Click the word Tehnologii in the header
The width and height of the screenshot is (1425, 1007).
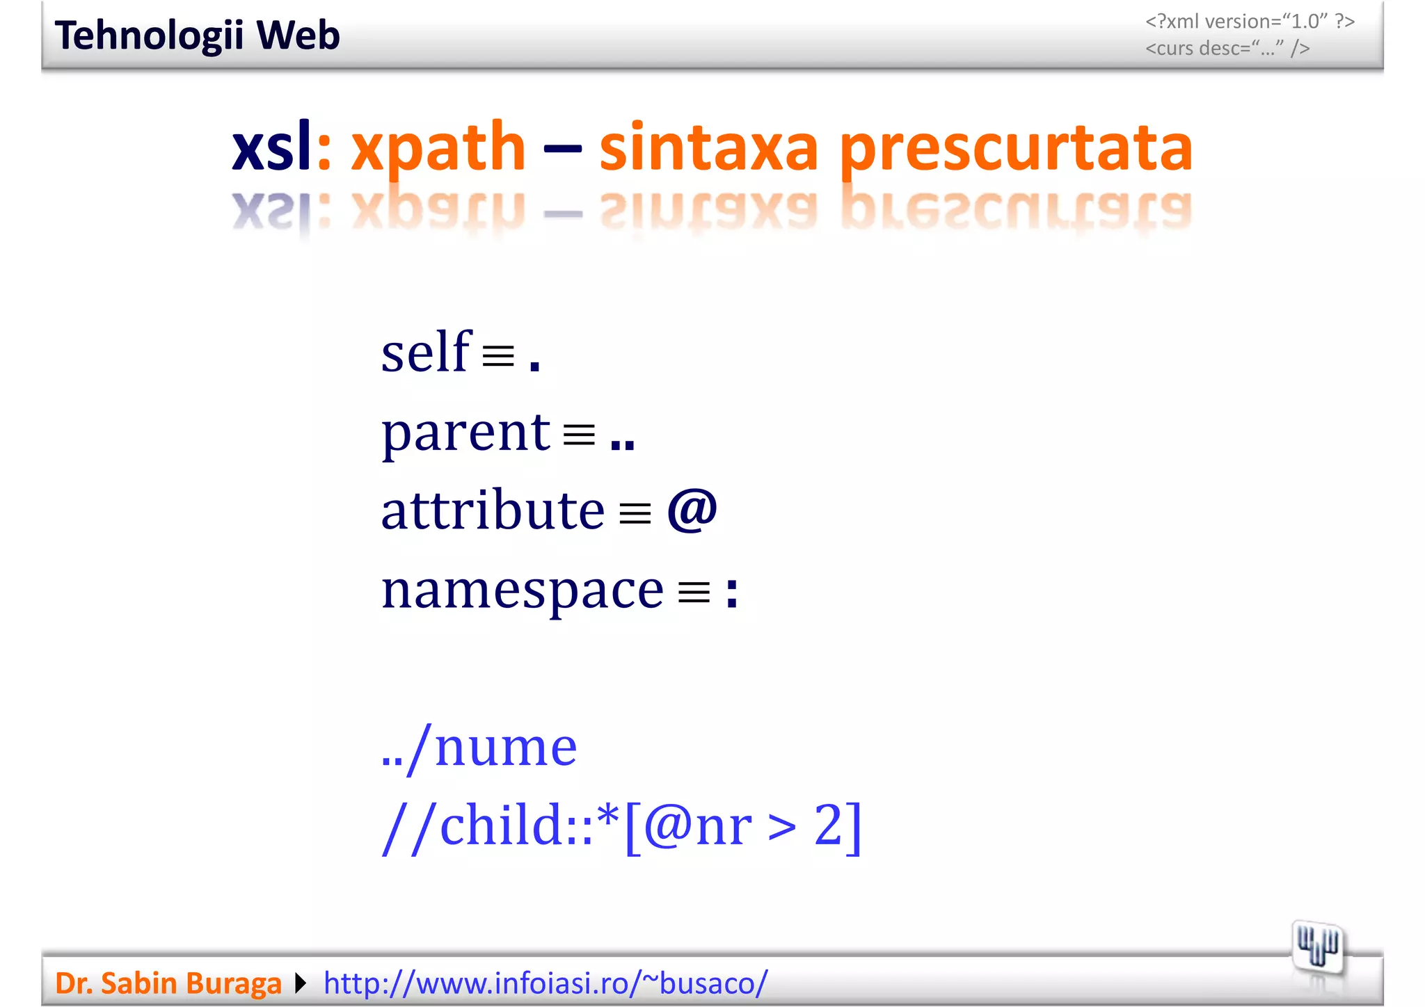point(149,35)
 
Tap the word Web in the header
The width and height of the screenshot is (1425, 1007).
point(298,35)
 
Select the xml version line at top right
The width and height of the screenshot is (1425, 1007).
point(1250,22)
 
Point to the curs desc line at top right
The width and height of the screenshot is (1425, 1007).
point(1227,49)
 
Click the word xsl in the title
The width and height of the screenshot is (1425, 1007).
point(271,147)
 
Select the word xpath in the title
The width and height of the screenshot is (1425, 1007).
point(438,147)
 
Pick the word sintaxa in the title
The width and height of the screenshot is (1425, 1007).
point(708,147)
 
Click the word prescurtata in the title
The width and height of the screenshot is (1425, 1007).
point(1016,148)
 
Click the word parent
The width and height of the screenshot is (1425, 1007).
point(465,433)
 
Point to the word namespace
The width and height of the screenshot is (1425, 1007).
point(523,590)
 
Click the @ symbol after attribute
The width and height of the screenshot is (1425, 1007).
point(692,510)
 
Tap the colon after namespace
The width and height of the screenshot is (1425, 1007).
point(731,593)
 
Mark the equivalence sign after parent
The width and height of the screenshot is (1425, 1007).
point(579,435)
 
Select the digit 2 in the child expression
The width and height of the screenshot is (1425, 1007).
point(828,825)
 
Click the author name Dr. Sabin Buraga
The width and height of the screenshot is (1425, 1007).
point(168,983)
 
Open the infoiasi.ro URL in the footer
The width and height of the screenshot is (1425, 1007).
point(546,983)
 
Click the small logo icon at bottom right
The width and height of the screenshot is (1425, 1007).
point(1317,946)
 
